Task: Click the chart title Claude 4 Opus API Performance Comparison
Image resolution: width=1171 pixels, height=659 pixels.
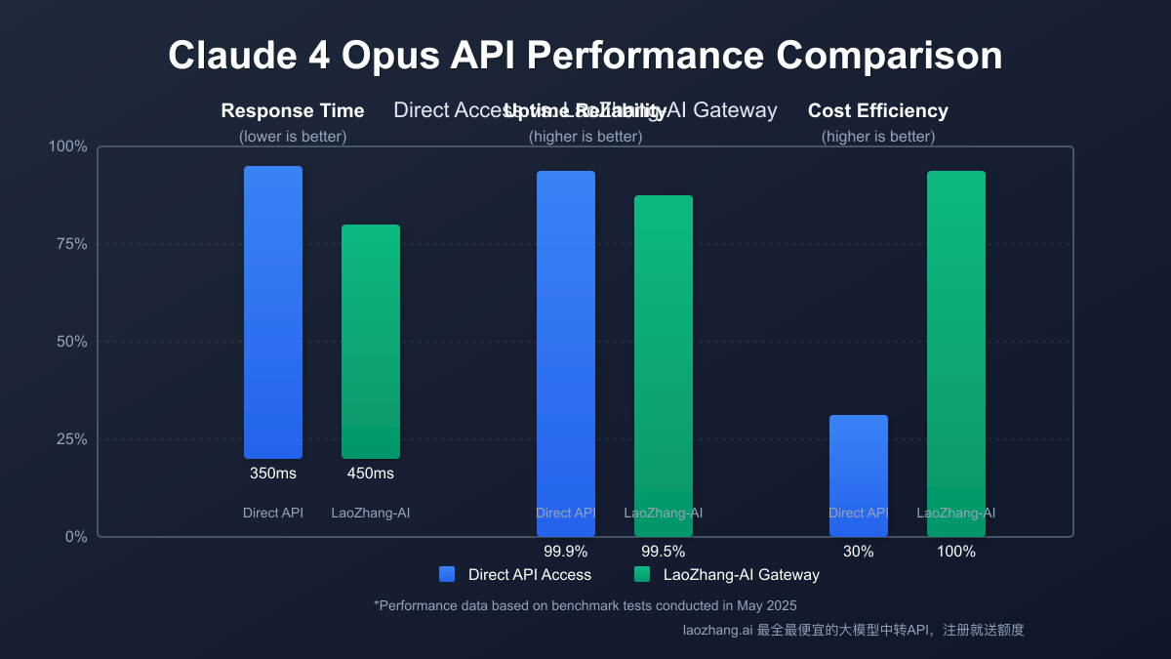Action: [x=585, y=56]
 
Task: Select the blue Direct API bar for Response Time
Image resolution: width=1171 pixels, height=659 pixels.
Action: [x=273, y=312]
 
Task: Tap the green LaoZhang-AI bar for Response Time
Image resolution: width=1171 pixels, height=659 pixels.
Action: [x=371, y=342]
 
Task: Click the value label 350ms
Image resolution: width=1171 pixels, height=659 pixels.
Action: [x=273, y=474]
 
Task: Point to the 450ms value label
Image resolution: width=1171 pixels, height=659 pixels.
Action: [x=371, y=474]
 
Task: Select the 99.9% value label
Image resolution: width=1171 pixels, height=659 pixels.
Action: [x=566, y=551]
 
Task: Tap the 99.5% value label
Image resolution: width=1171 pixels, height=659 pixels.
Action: [x=664, y=551]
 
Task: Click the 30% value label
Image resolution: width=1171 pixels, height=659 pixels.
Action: [x=859, y=551]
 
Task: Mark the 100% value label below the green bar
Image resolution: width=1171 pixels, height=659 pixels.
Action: [x=956, y=551]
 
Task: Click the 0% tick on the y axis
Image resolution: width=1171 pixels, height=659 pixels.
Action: [x=75, y=537]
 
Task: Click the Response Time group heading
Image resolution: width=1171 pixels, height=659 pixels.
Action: [x=293, y=111]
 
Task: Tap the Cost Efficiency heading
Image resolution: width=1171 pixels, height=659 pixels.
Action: [x=878, y=111]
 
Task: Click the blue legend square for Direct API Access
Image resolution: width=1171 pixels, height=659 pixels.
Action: [x=447, y=574]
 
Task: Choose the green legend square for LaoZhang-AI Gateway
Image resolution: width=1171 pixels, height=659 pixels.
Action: [x=642, y=574]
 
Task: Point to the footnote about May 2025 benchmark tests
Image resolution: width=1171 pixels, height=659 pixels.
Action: [x=585, y=605]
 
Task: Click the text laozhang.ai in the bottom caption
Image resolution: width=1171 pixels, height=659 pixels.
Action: [x=717, y=631]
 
